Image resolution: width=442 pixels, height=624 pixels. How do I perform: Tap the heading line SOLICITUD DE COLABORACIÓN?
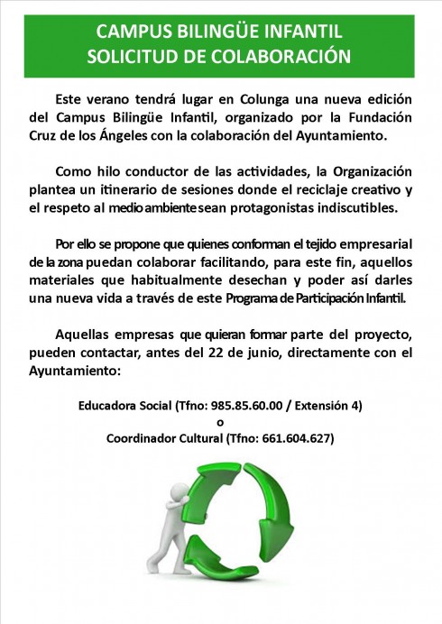pos(220,55)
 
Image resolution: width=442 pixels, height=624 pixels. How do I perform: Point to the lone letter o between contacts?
pos(220,422)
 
